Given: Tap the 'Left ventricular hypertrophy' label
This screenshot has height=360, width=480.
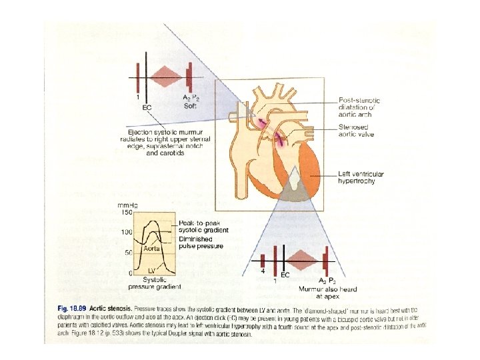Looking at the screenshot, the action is pyautogui.click(x=361, y=177).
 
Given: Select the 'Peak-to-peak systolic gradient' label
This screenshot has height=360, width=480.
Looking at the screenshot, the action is pyautogui.click(x=203, y=226).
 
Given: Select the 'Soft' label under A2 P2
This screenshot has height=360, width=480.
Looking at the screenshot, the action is pyautogui.click(x=189, y=105).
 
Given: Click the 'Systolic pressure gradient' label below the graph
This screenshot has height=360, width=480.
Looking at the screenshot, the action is pyautogui.click(x=155, y=283).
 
